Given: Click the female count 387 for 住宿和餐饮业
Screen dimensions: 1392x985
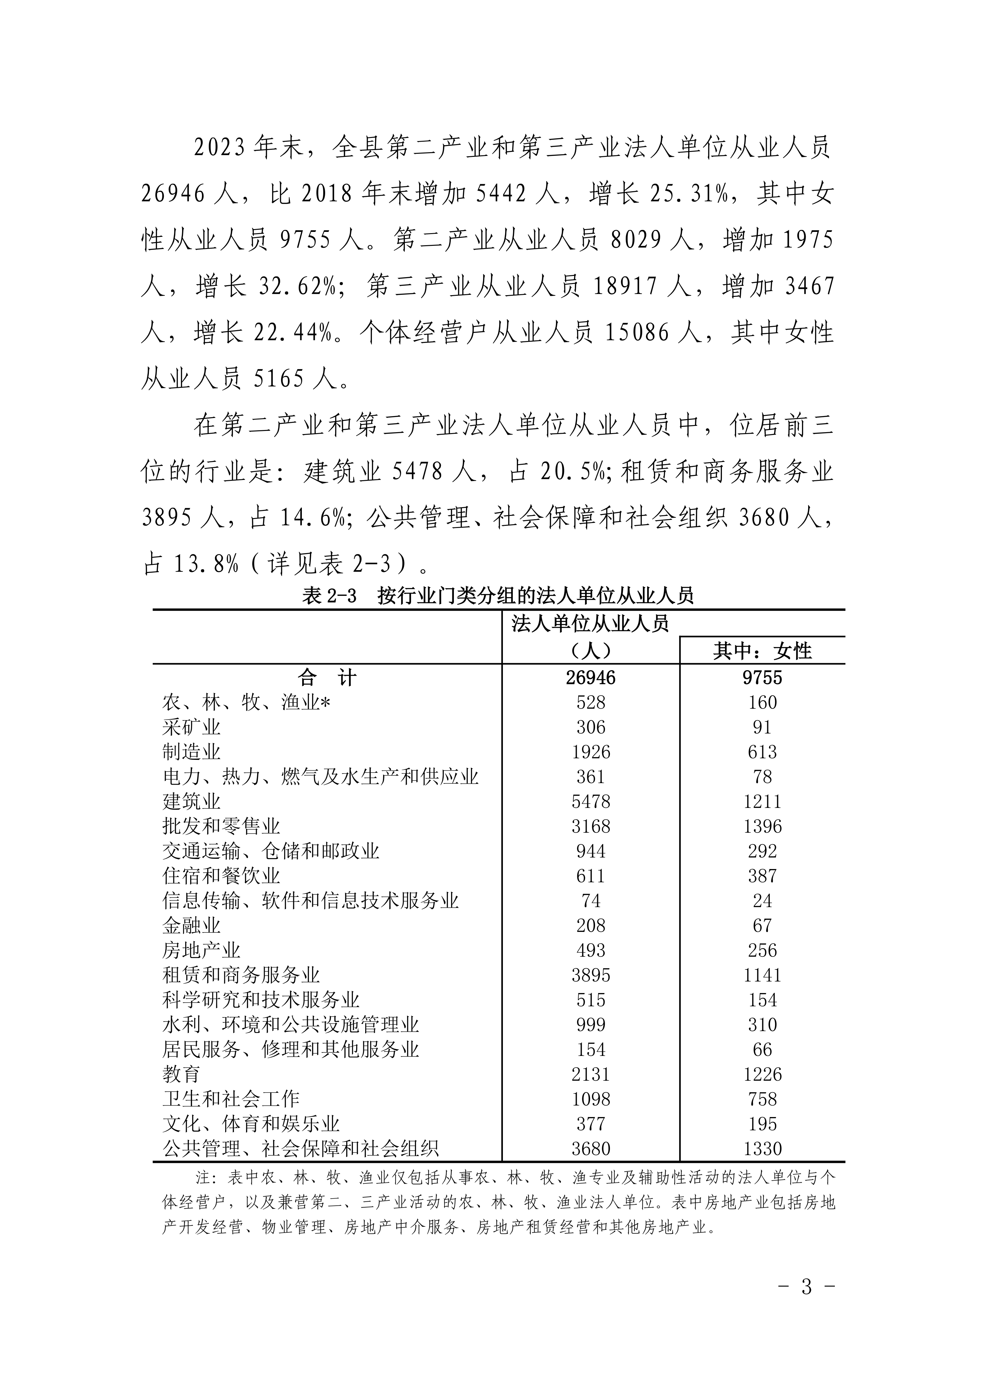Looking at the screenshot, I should (x=762, y=876).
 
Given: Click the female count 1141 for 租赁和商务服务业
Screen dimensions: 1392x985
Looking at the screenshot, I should (x=762, y=976).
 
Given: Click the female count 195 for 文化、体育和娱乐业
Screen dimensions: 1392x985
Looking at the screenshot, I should (x=762, y=1125).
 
